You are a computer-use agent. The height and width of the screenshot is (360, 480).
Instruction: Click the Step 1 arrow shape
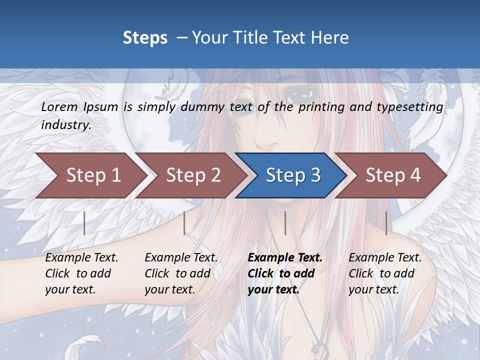[x=93, y=175]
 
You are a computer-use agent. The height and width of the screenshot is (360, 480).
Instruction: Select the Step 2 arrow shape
[x=193, y=175]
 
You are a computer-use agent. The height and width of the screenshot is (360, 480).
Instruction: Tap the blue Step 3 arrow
[x=292, y=175]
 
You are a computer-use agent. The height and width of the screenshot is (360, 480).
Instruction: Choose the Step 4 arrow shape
[x=392, y=175]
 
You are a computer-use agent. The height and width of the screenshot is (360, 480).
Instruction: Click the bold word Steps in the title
[x=145, y=38]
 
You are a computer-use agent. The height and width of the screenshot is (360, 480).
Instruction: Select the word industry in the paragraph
[x=65, y=124]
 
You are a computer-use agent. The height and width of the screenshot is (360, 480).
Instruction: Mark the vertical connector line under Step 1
[x=84, y=223]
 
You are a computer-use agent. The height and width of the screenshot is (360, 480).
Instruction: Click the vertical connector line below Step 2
[x=184, y=223]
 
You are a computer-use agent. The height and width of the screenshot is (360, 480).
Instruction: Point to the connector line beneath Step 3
[x=285, y=223]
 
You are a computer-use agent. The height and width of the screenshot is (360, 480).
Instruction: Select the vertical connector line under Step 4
[x=386, y=223]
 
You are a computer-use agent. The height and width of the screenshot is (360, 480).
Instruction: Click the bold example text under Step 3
[x=284, y=273]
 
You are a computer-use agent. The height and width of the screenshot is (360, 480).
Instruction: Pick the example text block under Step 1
[x=81, y=273]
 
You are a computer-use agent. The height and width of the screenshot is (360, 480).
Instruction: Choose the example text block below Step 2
[x=181, y=273]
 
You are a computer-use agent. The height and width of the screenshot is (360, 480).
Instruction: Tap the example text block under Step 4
[x=385, y=273]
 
